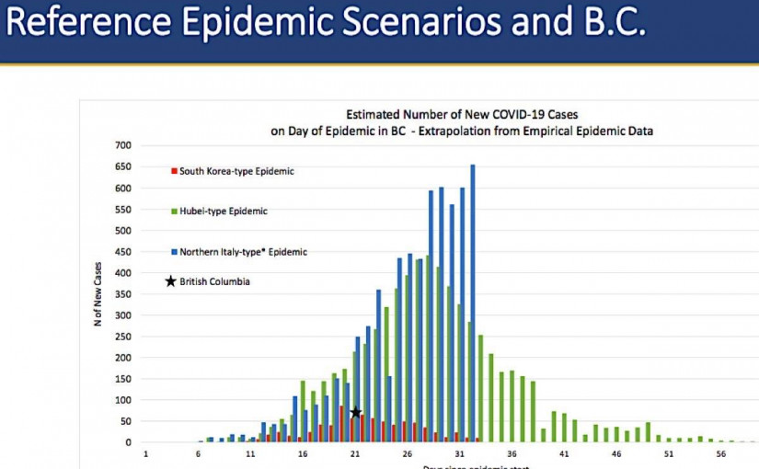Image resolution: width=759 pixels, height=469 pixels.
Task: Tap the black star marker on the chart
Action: pos(355,413)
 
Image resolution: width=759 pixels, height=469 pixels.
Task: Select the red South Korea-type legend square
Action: pos(174,171)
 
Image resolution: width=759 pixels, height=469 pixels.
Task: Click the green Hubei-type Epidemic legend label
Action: pos(224,212)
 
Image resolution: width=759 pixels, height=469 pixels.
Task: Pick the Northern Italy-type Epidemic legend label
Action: pos(243,252)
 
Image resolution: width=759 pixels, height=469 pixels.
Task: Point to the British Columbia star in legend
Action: pos(170,281)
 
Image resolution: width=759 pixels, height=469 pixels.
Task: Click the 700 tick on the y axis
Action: pos(123,145)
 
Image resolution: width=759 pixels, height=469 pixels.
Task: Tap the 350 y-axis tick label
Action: pos(123,294)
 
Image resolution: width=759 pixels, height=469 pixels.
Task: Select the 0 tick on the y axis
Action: pos(129,442)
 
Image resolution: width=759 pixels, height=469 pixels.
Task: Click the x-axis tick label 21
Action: pos(355,454)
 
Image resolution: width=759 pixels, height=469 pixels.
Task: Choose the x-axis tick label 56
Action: pos(721,454)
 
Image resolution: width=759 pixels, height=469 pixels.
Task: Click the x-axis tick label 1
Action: pos(145,454)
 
